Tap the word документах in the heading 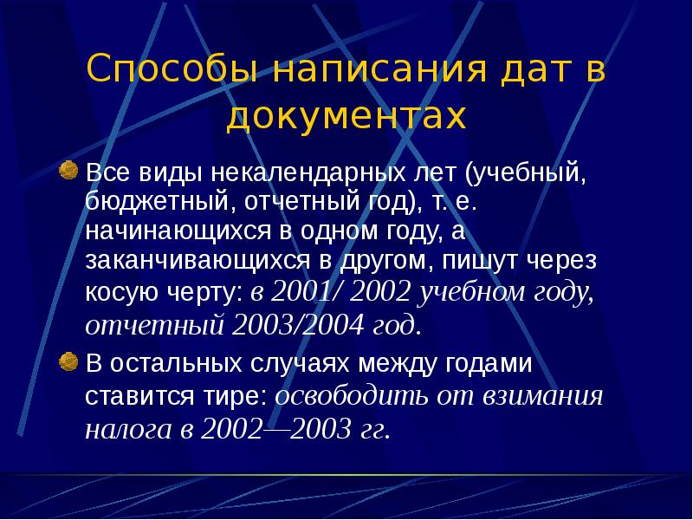(346, 115)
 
